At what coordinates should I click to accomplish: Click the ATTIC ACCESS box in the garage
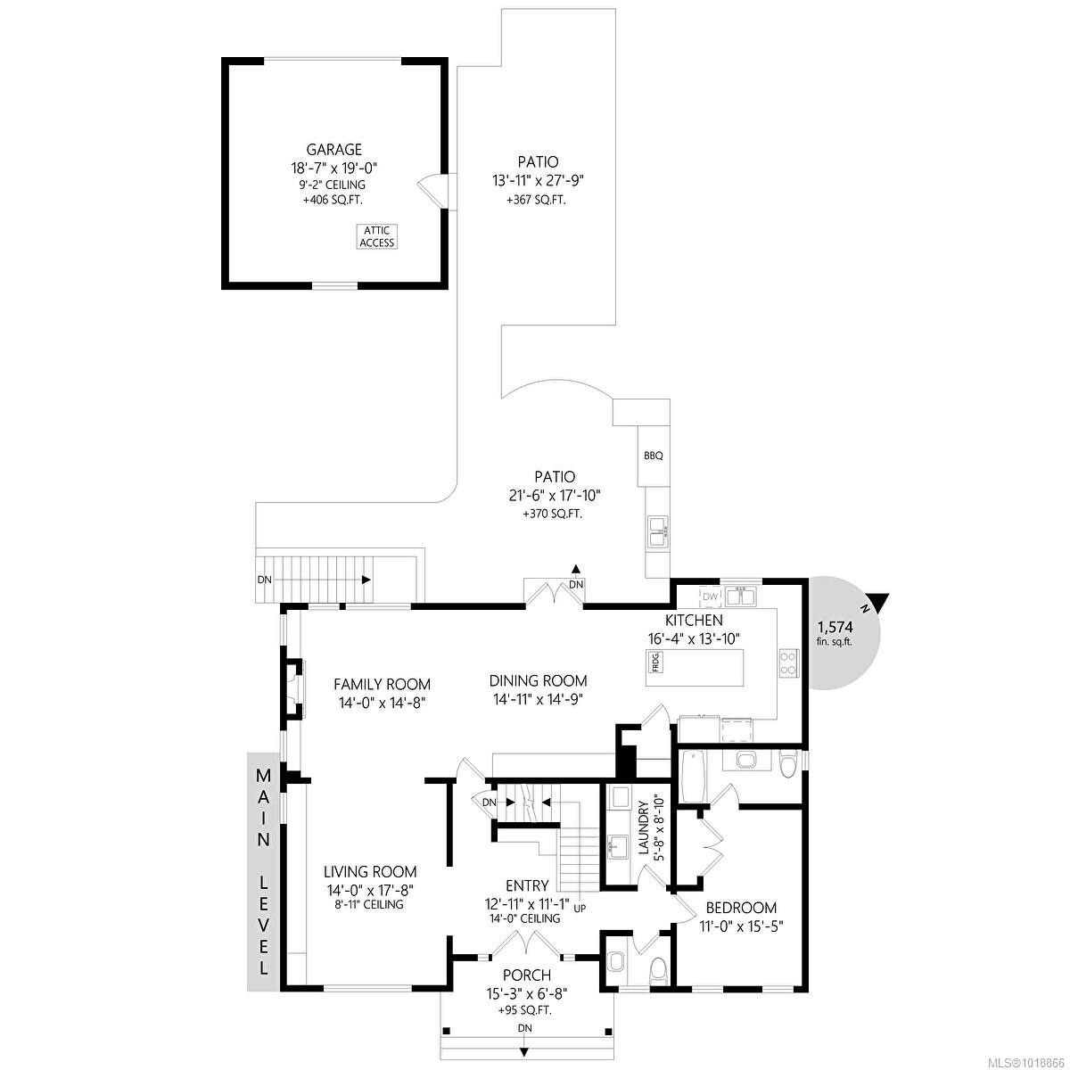[x=376, y=236]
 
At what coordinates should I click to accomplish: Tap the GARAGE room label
[x=334, y=150]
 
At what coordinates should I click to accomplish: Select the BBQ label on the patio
[x=653, y=456]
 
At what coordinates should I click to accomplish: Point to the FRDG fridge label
[x=655, y=662]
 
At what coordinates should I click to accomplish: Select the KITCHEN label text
[x=693, y=620]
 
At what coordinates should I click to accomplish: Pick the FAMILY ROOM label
[x=382, y=684]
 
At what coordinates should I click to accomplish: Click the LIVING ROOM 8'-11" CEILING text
[x=370, y=904]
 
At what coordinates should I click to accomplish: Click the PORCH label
[x=526, y=975]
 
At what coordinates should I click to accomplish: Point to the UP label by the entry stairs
[x=580, y=909]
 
